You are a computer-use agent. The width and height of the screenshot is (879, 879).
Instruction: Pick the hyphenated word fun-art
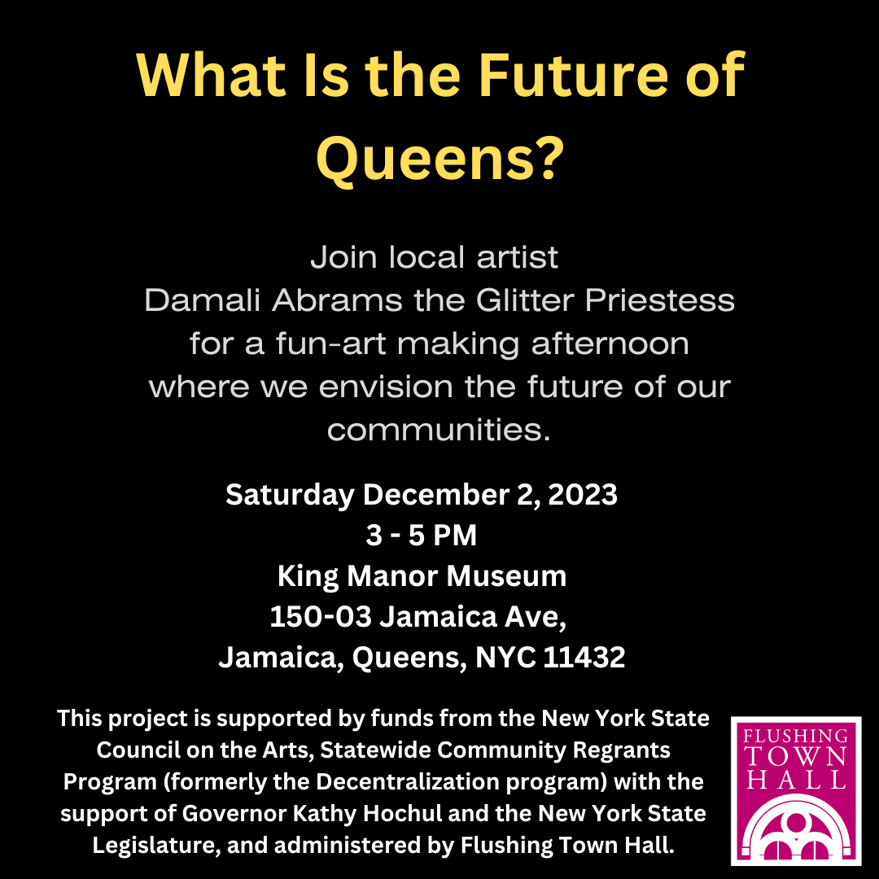[326, 343]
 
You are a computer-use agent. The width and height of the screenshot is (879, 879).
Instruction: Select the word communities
[439, 428]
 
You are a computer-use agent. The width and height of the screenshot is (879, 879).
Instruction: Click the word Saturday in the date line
[290, 494]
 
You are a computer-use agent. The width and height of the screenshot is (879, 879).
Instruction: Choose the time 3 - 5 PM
[422, 536]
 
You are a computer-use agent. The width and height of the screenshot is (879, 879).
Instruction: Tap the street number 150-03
[321, 617]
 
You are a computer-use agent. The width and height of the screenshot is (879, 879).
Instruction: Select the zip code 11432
[584, 658]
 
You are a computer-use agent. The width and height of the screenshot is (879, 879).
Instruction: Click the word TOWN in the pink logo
[796, 757]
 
